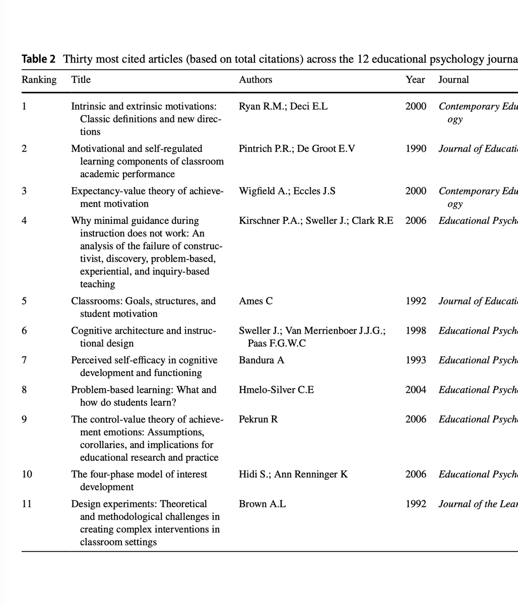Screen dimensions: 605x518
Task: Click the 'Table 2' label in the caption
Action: point(38,59)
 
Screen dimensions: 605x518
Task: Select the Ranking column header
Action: point(39,80)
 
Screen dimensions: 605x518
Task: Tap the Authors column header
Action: point(255,80)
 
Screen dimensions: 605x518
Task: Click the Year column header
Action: point(415,80)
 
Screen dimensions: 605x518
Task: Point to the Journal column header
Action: point(454,80)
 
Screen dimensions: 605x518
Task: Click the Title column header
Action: point(81,80)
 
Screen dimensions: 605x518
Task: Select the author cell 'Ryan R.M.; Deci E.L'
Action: point(283,106)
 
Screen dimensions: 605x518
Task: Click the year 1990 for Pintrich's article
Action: point(416,149)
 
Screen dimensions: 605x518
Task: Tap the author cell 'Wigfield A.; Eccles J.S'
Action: point(287,191)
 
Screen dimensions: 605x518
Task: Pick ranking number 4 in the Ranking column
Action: point(24,221)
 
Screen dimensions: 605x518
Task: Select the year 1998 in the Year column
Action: point(416,331)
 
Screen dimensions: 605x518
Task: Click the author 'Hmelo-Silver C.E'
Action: point(276,390)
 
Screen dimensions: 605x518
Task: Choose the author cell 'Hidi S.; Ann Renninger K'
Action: point(293,474)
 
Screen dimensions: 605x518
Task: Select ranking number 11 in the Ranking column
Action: point(26,504)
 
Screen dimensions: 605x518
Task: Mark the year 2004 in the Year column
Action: point(416,390)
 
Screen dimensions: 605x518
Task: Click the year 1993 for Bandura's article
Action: point(416,360)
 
